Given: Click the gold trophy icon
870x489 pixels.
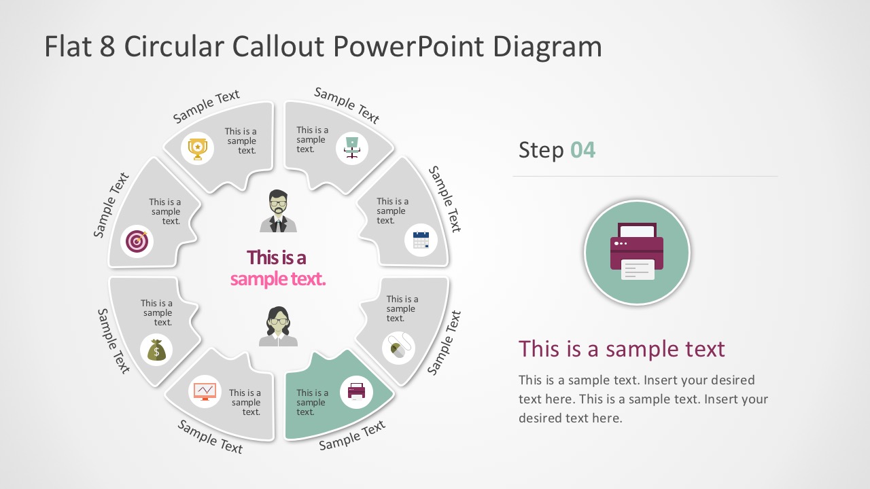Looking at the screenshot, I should (197, 149).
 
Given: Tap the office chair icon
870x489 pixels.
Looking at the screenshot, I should (351, 148).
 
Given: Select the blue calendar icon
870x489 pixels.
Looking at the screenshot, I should (421, 240).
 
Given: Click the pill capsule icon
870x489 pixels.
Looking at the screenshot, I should (398, 348).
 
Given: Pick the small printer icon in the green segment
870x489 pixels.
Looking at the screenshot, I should (356, 391).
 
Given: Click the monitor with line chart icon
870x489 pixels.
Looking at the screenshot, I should (205, 391).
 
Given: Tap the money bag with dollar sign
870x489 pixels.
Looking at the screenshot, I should (156, 350).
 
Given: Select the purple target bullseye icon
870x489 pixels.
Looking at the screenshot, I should (137, 241).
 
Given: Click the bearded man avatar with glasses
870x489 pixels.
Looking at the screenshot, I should (278, 211).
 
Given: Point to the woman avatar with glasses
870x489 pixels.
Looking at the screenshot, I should (278, 327).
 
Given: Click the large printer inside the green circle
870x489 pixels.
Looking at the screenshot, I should (637, 252).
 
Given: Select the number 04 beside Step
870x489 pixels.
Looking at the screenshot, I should (582, 149).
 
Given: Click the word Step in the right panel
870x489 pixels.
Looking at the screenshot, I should (541, 149).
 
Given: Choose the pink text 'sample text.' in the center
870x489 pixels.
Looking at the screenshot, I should (277, 279).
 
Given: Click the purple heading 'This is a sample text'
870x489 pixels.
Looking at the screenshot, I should (621, 349).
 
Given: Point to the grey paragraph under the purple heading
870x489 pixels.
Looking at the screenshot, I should (643, 399).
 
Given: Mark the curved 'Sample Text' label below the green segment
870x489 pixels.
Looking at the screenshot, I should (352, 435).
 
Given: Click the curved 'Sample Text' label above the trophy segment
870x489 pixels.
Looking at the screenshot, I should (206, 107).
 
